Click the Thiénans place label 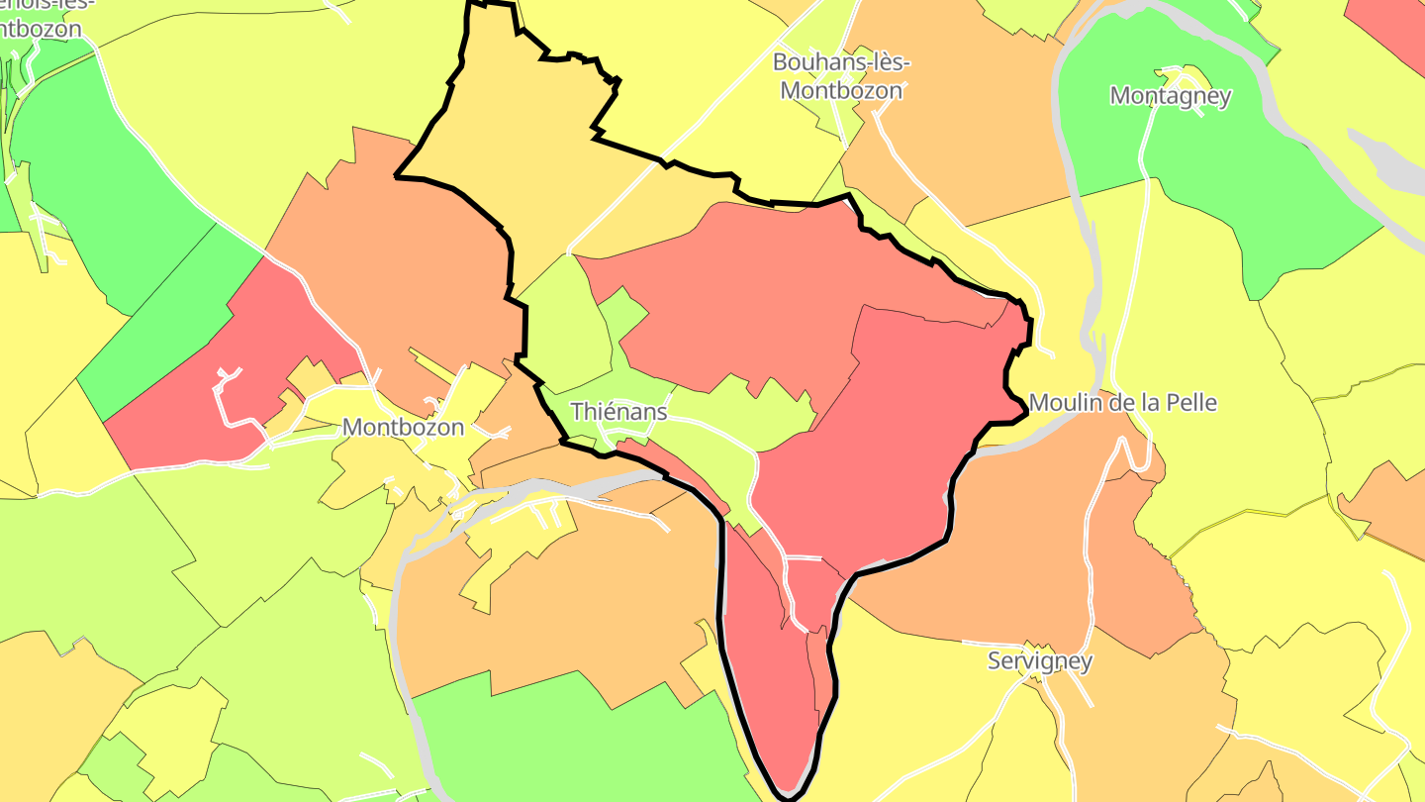point(618,411)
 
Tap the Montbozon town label point(403,428)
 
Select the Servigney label point(1040,660)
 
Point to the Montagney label point(1171,96)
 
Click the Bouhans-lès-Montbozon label point(841,76)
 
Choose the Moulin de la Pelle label point(1122,403)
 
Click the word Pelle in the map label point(1191,403)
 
